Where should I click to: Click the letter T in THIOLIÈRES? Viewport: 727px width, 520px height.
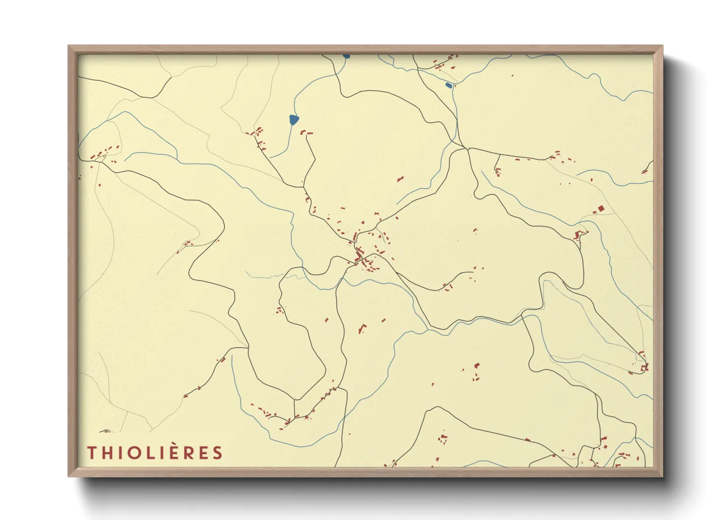[92, 453]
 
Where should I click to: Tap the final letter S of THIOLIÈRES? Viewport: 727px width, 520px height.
[217, 453]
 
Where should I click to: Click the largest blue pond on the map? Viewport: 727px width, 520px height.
[293, 119]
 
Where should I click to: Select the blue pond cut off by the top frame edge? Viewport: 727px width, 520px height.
[346, 56]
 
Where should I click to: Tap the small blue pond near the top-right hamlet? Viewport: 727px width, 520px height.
[448, 86]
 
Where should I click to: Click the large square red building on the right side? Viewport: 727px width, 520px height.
[601, 209]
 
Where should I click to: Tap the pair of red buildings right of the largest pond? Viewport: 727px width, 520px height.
[306, 132]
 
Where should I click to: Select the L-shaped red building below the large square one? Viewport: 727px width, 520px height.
[579, 234]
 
